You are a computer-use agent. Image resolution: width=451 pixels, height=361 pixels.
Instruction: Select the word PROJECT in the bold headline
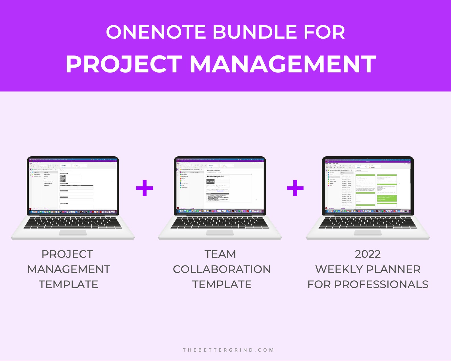(x=124, y=64)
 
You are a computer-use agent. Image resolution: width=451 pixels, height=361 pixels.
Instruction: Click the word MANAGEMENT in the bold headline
(x=283, y=64)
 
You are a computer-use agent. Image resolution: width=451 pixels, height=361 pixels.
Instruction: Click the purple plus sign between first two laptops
(x=145, y=188)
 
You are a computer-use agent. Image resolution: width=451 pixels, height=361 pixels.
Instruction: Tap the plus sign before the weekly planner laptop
(x=295, y=188)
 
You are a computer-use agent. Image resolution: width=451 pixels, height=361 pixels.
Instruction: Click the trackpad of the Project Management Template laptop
(x=73, y=233)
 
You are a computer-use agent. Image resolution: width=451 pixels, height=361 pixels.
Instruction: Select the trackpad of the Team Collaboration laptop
(x=220, y=233)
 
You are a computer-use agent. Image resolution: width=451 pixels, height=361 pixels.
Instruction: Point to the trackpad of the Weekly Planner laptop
(x=368, y=233)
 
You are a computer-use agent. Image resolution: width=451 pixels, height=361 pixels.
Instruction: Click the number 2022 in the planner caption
(x=368, y=254)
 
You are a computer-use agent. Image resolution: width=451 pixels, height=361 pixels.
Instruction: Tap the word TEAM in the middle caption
(x=220, y=254)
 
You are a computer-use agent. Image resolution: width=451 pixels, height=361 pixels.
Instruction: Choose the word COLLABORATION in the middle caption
(x=222, y=269)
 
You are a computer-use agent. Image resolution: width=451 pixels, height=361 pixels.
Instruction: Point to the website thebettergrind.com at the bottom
(x=228, y=350)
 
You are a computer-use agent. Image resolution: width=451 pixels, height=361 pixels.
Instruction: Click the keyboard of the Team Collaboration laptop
(x=220, y=223)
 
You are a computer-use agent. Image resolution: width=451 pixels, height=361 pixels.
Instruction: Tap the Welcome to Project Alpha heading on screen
(x=216, y=177)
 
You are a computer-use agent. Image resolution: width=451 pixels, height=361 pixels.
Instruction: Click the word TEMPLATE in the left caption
(x=68, y=284)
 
